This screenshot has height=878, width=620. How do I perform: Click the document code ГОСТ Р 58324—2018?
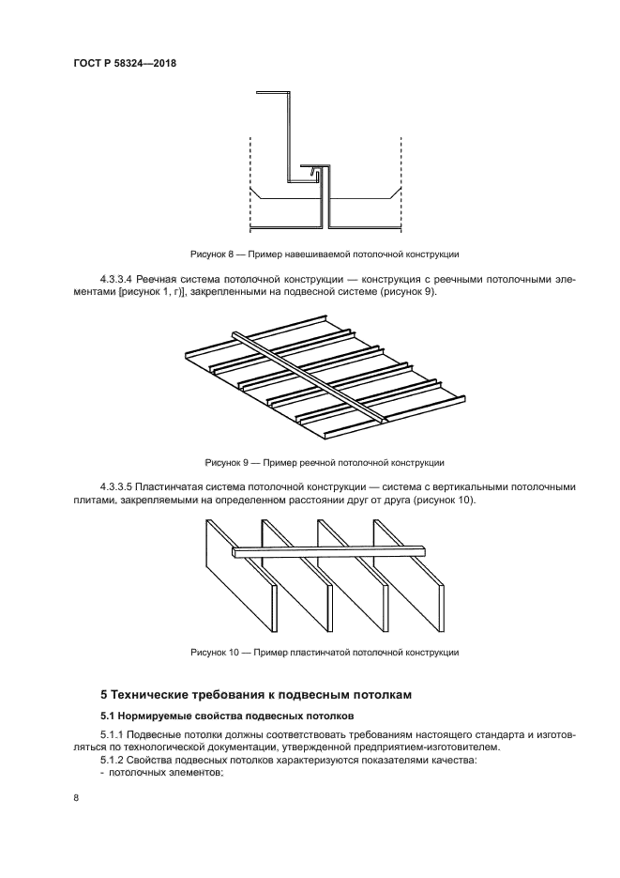[x=125, y=63]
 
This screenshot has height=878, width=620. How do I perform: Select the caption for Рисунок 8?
[x=324, y=254]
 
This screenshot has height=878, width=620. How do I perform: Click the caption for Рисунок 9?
[x=324, y=462]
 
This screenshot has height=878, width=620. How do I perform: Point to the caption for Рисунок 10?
[x=324, y=652]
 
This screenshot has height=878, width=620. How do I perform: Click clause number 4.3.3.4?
[x=117, y=280]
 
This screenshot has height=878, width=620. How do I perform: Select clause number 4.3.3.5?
[x=117, y=487]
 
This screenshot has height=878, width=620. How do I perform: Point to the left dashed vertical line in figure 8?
[x=250, y=183]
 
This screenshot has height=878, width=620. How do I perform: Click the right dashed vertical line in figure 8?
[x=401, y=183]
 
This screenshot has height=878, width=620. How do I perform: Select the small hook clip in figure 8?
[x=318, y=173]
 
